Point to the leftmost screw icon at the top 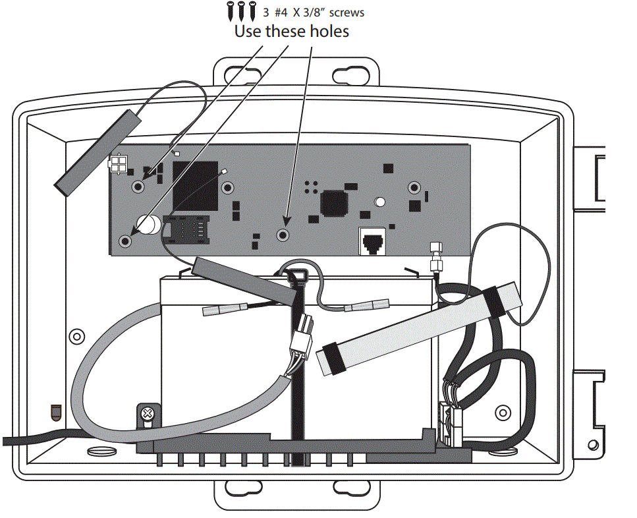pyautogui.click(x=231, y=11)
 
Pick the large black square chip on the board pyautogui.click(x=195, y=184)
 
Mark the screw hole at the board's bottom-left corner pyautogui.click(x=125, y=241)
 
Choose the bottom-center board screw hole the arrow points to pyautogui.click(x=283, y=235)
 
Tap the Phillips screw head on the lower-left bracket pyautogui.click(x=148, y=415)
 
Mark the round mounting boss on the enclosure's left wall pyautogui.click(x=76, y=335)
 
